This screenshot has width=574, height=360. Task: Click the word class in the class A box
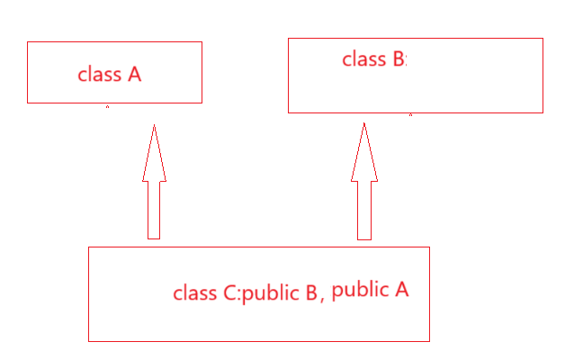click(x=99, y=75)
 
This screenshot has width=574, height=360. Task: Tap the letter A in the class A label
click(x=134, y=75)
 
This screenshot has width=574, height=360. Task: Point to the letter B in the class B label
click(x=399, y=60)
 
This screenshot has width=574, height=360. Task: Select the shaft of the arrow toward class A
click(x=154, y=210)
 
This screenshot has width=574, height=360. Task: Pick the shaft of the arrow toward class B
click(x=363, y=210)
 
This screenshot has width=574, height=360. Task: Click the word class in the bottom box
click(x=194, y=293)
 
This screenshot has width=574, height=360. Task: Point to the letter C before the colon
click(x=229, y=293)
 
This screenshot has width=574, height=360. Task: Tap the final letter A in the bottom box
click(x=402, y=290)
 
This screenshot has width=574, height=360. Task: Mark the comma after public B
click(x=322, y=299)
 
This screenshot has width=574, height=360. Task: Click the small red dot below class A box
click(x=108, y=106)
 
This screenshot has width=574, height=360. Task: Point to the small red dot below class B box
click(x=410, y=114)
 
